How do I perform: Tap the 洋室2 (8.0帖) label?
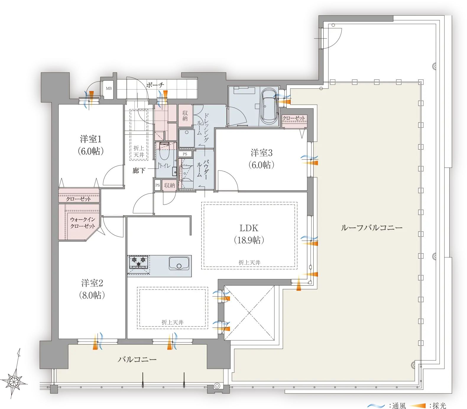tap(92, 289)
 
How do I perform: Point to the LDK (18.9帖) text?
tap(249, 234)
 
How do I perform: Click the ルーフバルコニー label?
tap(372, 228)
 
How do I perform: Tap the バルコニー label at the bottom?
tap(137, 359)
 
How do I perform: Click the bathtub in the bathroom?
tap(269, 106)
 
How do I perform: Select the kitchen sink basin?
tap(179, 263)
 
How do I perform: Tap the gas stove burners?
tap(138, 262)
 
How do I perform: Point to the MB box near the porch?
tap(109, 88)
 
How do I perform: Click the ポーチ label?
tap(155, 85)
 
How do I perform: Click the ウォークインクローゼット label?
tap(82, 223)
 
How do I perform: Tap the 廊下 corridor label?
tap(139, 171)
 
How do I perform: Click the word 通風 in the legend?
tap(399, 406)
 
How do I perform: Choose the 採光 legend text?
tap(439, 406)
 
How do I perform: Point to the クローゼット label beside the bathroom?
tap(294, 118)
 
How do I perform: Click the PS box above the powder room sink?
tap(185, 154)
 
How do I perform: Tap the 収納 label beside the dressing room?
tap(185, 116)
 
